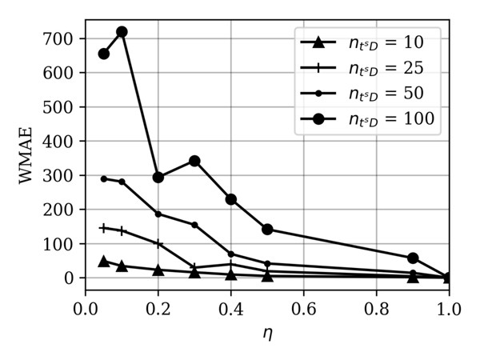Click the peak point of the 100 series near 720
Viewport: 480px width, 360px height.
click(x=122, y=32)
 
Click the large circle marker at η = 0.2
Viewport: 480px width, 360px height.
click(x=158, y=177)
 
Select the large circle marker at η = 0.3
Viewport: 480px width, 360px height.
click(x=194, y=161)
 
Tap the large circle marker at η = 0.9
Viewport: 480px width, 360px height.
click(x=413, y=258)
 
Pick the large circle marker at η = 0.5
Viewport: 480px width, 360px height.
click(x=267, y=230)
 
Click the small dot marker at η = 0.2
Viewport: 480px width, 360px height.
click(x=158, y=214)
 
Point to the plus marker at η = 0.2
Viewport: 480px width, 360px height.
click(x=158, y=243)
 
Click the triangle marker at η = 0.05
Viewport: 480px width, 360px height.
click(x=103, y=261)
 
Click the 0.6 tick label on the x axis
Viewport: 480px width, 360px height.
click(x=303, y=308)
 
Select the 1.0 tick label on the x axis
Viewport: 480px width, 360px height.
click(x=448, y=308)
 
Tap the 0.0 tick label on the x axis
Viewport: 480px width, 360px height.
click(x=86, y=308)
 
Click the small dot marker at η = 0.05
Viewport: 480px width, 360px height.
click(x=103, y=178)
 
